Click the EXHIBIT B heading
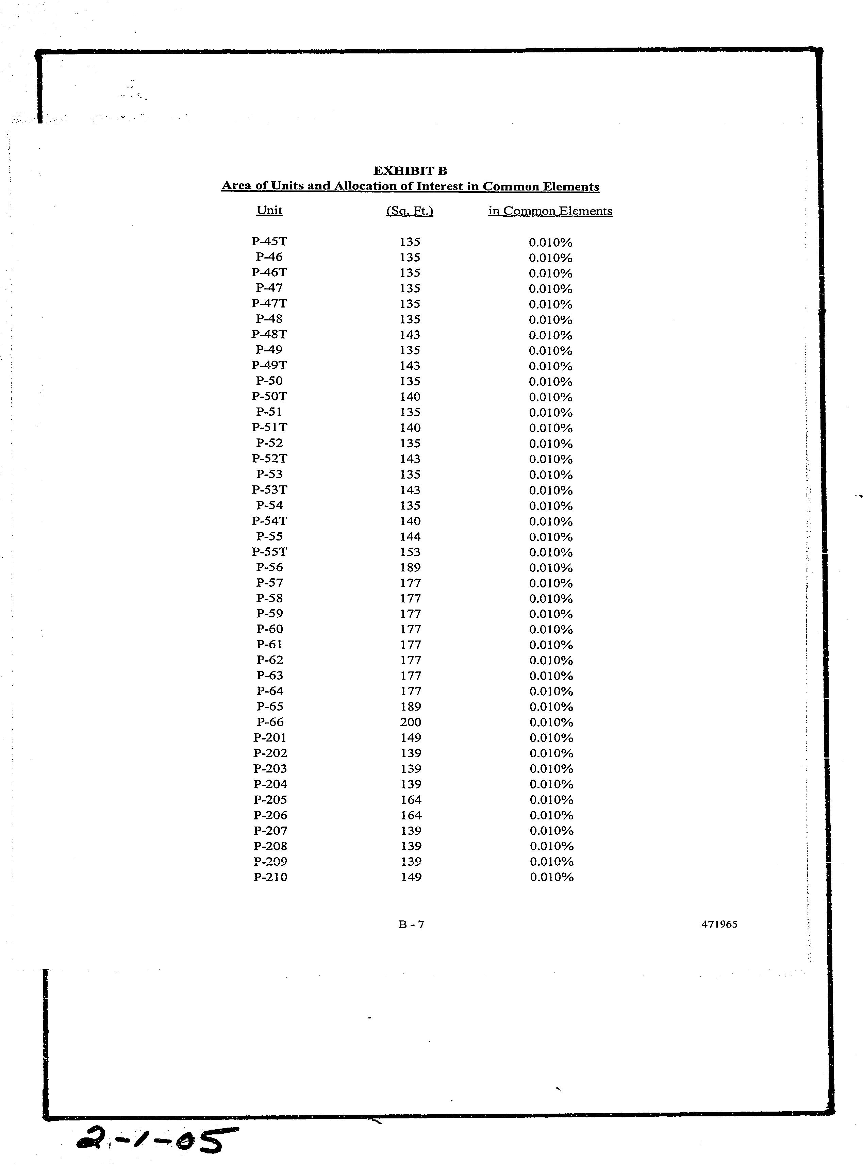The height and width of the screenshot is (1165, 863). click(x=410, y=171)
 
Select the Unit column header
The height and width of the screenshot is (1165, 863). click(x=269, y=211)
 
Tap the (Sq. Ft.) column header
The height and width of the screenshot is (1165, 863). click(x=410, y=211)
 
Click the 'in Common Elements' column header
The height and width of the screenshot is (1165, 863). click(x=550, y=211)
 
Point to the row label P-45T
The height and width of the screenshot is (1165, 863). click(x=269, y=242)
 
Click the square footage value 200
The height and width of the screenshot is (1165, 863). click(x=411, y=722)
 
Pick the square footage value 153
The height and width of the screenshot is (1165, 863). click(x=410, y=552)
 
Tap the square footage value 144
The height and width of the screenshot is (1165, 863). click(x=410, y=536)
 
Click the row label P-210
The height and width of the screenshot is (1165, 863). click(x=270, y=877)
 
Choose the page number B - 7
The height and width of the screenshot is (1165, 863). click(x=411, y=925)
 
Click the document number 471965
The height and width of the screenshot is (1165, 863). click(x=719, y=924)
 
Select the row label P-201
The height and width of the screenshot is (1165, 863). click(x=270, y=738)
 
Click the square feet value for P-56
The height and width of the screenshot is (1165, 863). click(x=410, y=567)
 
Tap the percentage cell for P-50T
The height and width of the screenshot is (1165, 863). click(x=551, y=397)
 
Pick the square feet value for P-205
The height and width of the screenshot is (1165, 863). click(x=411, y=800)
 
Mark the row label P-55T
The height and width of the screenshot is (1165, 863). click(x=269, y=552)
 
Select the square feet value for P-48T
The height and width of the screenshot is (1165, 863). click(x=410, y=334)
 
